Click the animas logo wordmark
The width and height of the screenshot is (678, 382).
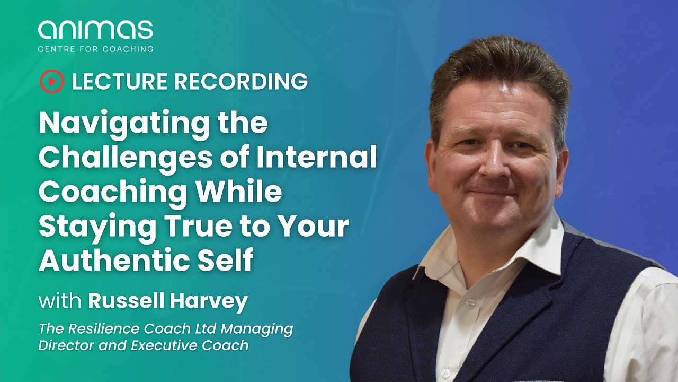(95, 30)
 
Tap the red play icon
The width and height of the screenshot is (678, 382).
(51, 81)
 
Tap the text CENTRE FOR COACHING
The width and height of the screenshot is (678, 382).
(95, 49)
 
